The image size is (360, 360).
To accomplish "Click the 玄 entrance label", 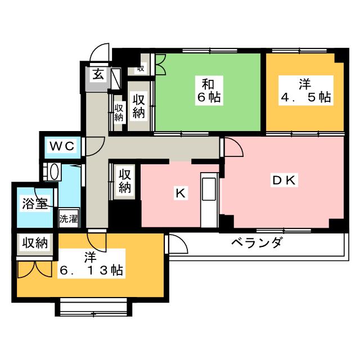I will [x=97, y=74].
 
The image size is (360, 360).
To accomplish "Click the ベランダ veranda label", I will [x=256, y=243].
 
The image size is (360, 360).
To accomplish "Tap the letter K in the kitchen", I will [x=179, y=193].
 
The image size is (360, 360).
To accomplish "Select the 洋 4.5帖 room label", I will [x=305, y=91].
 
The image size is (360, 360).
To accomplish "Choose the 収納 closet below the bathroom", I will [x=34, y=244].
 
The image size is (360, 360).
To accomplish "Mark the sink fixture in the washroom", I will [x=54, y=172].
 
